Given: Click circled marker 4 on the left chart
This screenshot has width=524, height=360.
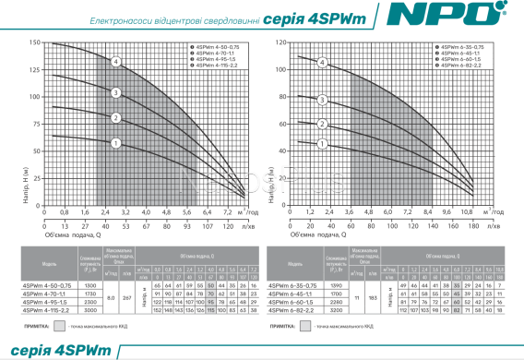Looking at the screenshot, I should [116, 62].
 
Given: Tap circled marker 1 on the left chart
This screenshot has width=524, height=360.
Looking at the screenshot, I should [116, 142].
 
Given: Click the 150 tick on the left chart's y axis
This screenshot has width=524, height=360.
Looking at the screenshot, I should [34, 43].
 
